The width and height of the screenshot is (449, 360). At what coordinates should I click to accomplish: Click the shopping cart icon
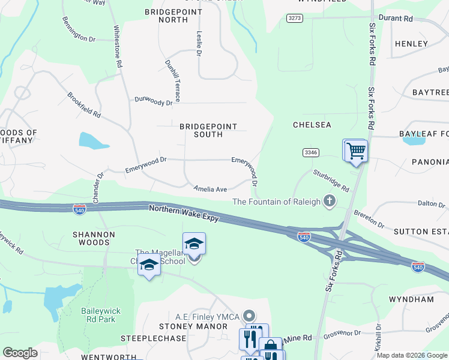coord(355,151)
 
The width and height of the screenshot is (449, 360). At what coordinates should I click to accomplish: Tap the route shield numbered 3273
coord(294,19)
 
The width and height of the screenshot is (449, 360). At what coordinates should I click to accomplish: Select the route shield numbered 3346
coord(310,152)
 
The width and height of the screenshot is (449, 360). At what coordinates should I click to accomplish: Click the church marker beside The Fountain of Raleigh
coord(329,202)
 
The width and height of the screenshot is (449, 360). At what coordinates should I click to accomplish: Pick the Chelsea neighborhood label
coord(312,125)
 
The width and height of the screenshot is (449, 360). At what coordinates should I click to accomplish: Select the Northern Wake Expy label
coord(184,214)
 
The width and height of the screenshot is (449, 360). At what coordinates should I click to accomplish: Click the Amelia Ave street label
coord(210,189)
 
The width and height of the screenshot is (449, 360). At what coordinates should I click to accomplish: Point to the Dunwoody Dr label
coord(153,101)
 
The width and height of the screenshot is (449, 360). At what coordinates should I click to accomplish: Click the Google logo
coord(20,352)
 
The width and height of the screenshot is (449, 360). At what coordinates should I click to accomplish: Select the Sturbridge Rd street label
coord(331,180)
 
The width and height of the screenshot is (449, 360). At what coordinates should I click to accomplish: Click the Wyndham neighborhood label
coord(411,299)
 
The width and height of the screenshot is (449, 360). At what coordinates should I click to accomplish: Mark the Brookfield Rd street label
coord(84,104)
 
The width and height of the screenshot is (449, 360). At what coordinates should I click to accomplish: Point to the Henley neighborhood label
coord(411,44)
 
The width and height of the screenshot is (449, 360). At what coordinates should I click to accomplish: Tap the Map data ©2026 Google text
coord(412,355)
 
